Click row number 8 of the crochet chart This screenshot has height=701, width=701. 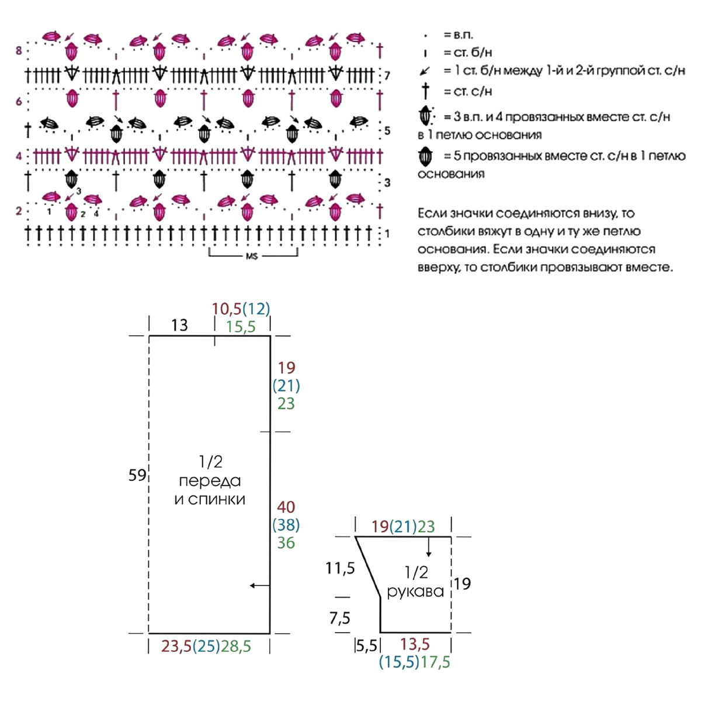(x=19, y=51)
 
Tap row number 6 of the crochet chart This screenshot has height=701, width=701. (x=19, y=101)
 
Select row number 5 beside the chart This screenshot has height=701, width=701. (x=387, y=131)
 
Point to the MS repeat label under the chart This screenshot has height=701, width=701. (x=252, y=256)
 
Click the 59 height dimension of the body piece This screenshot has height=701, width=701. (x=137, y=475)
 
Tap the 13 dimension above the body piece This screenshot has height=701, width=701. (x=179, y=325)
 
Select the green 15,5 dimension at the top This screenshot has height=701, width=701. (x=241, y=327)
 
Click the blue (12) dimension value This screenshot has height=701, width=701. (x=256, y=309)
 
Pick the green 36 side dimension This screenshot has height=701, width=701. (x=286, y=543)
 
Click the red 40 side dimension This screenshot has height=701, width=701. (x=286, y=507)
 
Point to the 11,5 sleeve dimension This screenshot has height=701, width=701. (x=340, y=568)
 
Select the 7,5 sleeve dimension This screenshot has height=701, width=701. (x=340, y=618)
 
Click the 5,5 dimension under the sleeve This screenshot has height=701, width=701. (x=367, y=646)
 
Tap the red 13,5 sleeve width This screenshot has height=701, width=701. (x=415, y=644)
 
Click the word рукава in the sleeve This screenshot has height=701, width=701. (x=415, y=592)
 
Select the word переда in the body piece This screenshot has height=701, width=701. (x=210, y=481)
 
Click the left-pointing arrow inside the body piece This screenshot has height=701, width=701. (x=260, y=586)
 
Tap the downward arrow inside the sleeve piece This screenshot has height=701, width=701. (x=429, y=547)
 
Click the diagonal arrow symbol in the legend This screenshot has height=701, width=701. (x=425, y=71)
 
